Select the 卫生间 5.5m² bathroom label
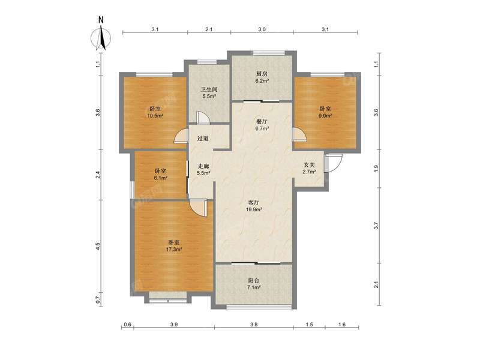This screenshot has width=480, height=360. coord(208,92)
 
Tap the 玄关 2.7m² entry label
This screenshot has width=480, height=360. coord(308,169)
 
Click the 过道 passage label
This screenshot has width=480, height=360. coord(203,139)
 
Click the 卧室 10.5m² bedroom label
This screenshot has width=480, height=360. coord(155,112)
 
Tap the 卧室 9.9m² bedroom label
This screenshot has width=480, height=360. coord(325,112)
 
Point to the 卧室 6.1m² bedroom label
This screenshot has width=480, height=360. coord(160,174)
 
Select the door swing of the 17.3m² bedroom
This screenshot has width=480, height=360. coord(198,208)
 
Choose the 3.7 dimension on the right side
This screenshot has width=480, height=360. coord(376,225)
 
